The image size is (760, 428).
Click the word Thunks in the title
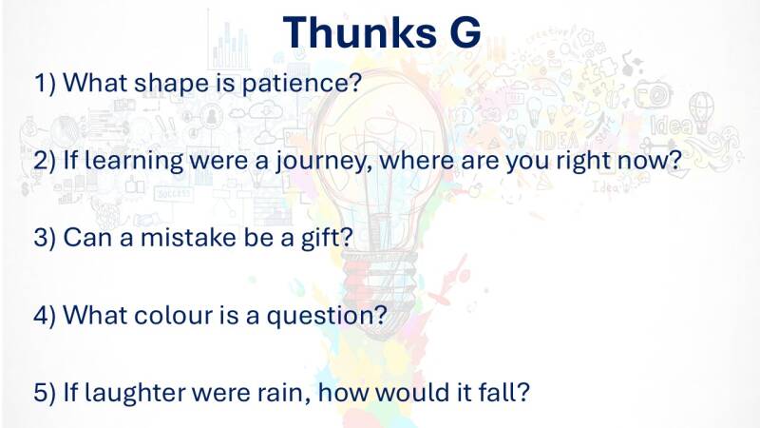[x=359, y=32]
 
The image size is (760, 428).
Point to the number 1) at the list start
[x=45, y=83]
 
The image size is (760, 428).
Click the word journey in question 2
[x=320, y=161]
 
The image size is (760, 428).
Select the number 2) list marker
[x=45, y=160]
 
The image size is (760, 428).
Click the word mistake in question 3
[x=187, y=237]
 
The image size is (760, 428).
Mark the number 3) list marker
[x=45, y=238]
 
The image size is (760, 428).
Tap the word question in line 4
[x=319, y=316]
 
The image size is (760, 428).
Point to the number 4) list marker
[x=45, y=316]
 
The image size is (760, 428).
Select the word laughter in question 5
[x=135, y=392]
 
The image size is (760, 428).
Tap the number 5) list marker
[x=45, y=393]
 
